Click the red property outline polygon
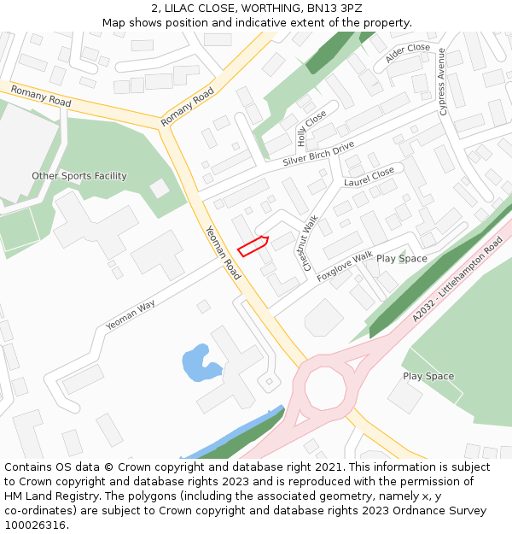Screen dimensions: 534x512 253,246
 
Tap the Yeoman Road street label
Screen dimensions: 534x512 224,253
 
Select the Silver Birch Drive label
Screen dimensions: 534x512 318,154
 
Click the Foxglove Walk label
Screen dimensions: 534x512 345,267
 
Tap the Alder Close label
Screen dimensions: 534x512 407,53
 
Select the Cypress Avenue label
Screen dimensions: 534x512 442,82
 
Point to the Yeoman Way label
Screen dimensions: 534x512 131,315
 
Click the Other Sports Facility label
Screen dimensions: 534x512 79,176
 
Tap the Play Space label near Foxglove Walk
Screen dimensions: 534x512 402,258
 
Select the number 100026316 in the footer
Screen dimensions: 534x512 35,525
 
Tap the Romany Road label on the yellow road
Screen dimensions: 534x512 41,95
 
